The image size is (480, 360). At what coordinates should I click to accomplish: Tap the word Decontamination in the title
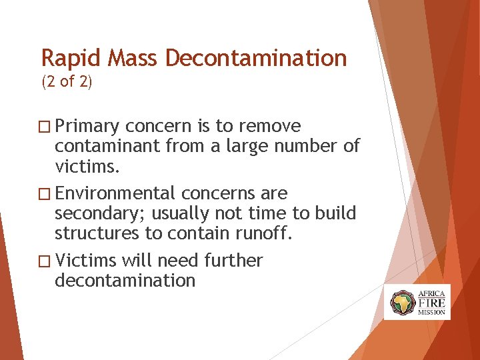(256, 59)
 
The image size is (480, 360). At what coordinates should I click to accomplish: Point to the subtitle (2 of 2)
(67, 83)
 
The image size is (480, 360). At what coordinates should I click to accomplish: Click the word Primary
(87, 127)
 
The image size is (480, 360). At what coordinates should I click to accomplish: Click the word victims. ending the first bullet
(87, 165)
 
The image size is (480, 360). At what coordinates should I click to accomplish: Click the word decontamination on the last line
(125, 280)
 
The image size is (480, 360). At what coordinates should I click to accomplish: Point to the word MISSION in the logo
(431, 312)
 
